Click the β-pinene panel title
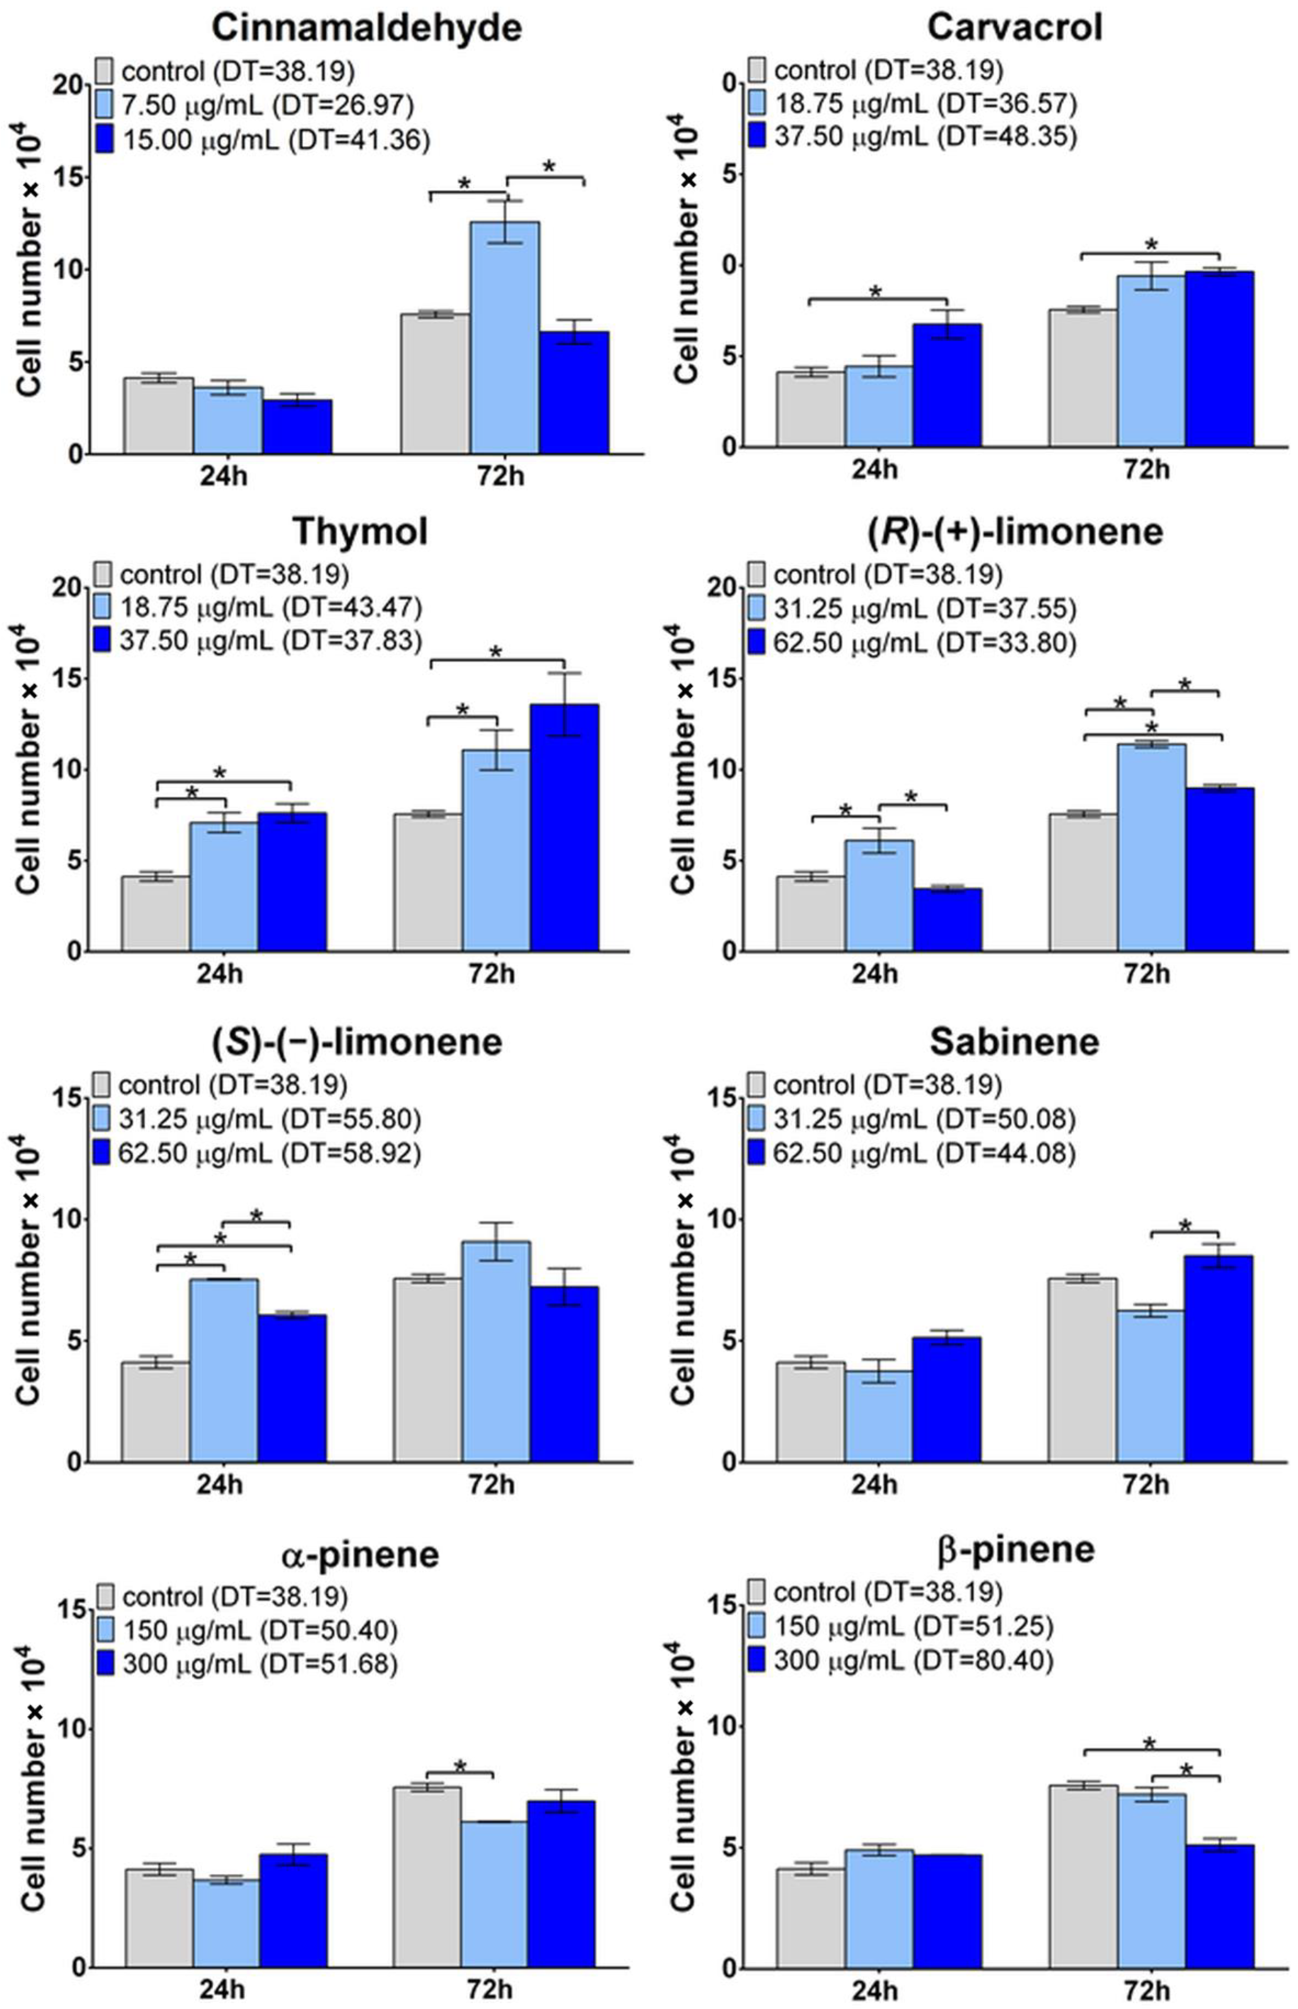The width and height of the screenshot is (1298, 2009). click(x=1015, y=1549)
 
